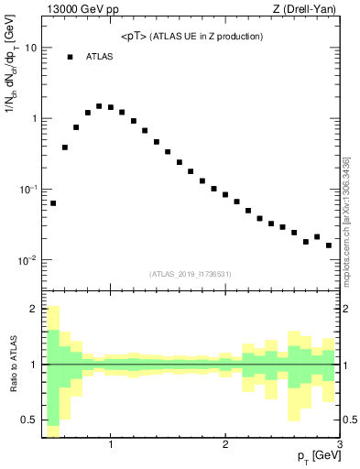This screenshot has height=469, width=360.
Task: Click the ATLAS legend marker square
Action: pos(70,57)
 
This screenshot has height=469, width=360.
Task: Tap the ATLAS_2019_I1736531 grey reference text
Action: pos(190,274)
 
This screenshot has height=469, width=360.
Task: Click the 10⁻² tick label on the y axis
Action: pos(28,261)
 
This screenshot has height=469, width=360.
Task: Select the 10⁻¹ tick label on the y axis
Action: pos(28,190)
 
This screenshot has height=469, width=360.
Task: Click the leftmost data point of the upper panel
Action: pos(53,203)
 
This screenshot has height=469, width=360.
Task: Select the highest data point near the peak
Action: pos(99,106)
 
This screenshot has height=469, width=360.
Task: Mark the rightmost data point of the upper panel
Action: pos(329,245)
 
